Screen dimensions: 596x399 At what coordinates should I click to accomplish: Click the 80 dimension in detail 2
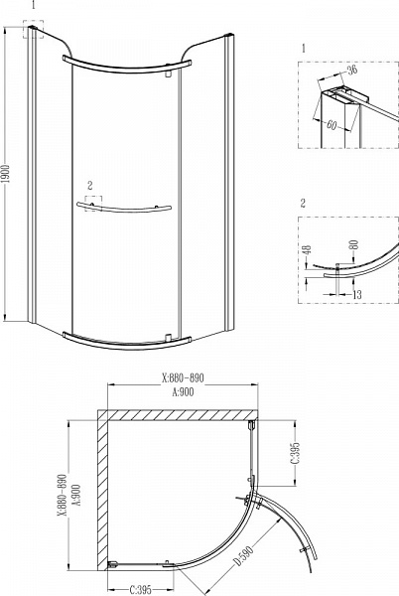[x=354, y=243]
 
